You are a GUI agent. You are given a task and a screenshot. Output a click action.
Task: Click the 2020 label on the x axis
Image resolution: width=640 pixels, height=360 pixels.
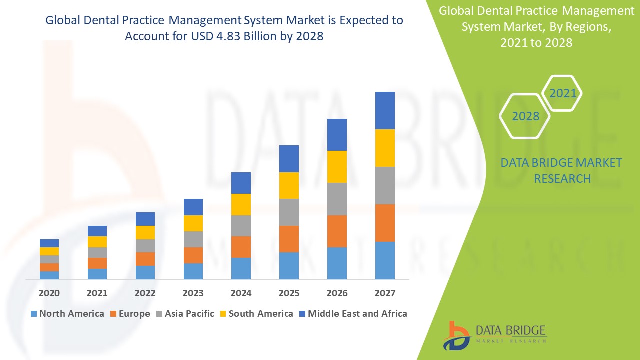(x=49, y=293)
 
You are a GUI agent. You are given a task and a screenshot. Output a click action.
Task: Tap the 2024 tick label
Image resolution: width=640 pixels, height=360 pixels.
(x=241, y=293)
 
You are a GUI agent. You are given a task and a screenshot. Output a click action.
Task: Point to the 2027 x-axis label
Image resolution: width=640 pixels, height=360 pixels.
(x=385, y=293)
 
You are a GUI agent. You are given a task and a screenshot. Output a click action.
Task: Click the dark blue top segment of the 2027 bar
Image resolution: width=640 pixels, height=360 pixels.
(x=385, y=110)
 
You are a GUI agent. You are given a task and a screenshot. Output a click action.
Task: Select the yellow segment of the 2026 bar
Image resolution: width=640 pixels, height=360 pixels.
(x=337, y=167)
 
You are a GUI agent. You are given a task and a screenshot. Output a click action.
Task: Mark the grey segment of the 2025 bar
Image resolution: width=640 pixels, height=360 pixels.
(x=289, y=212)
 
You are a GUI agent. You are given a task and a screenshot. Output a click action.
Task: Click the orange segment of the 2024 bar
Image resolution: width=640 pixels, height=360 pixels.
(x=241, y=247)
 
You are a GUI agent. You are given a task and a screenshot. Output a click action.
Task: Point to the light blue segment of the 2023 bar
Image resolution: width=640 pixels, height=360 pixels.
(x=193, y=271)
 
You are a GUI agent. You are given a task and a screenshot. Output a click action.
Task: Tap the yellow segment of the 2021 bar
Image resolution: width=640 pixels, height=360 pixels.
(x=97, y=242)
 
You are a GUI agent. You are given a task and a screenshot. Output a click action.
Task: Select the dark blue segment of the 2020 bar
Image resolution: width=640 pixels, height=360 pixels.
(x=49, y=243)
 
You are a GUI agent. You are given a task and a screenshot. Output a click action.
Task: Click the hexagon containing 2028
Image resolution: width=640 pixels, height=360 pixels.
(x=525, y=116)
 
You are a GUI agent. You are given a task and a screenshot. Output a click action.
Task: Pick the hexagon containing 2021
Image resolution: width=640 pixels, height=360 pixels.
(x=562, y=93)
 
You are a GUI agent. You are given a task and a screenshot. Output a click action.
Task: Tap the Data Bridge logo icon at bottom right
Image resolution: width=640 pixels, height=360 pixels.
(x=456, y=335)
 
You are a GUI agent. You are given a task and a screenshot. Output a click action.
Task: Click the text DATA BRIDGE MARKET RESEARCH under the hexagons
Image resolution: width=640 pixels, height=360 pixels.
(x=561, y=170)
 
